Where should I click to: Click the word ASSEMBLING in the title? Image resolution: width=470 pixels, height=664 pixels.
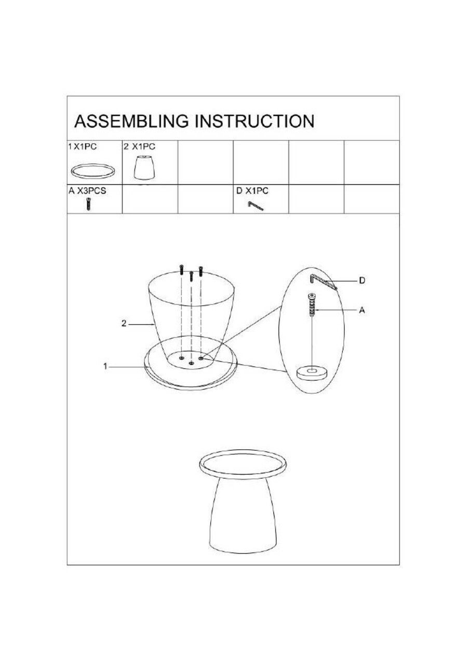tap(131, 121)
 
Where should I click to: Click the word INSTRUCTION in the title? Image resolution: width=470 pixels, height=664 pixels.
tap(254, 121)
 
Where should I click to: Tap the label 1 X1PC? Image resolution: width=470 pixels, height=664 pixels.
tap(83, 147)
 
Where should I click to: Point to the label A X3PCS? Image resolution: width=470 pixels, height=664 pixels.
tap(87, 191)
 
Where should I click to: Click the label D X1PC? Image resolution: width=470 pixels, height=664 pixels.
tap(252, 191)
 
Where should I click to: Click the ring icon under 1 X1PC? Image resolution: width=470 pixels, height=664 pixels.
tap(93, 172)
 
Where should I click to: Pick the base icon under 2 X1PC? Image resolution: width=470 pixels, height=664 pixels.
tap(144, 168)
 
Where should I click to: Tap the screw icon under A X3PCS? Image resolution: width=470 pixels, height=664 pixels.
tap(88, 204)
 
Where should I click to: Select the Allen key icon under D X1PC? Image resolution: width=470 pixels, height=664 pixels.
tap(256, 206)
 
